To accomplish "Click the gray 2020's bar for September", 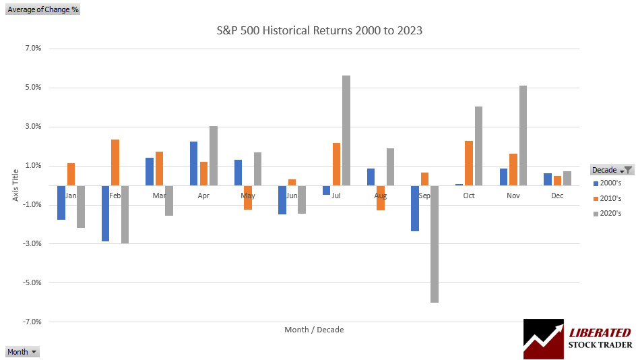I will pyautogui.click(x=435, y=244).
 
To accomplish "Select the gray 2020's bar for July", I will pyautogui.click(x=346, y=130).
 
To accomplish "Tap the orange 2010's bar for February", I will pyautogui.click(x=115, y=162).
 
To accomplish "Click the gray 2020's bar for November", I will pyautogui.click(x=523, y=135).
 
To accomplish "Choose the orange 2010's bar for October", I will pyautogui.click(x=468, y=162).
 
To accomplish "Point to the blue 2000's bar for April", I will pyautogui.click(x=194, y=163).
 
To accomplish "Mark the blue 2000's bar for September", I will pyautogui.click(x=415, y=208).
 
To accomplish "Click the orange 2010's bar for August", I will pyautogui.click(x=380, y=198).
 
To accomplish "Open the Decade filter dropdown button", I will pyautogui.click(x=627, y=170).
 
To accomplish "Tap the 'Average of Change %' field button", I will pyautogui.click(x=43, y=10).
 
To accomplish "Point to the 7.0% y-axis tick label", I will pyautogui.click(x=33, y=49).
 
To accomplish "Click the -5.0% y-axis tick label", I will pyautogui.click(x=32, y=283).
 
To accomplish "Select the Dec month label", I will pyautogui.click(x=557, y=196).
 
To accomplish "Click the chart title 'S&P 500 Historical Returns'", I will pyautogui.click(x=319, y=30).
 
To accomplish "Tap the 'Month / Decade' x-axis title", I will pyautogui.click(x=314, y=330).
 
